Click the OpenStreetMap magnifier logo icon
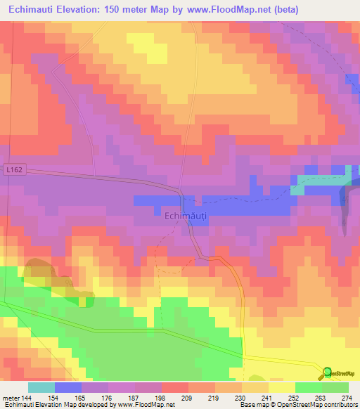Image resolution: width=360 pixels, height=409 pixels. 328,372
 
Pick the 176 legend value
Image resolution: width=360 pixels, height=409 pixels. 108,398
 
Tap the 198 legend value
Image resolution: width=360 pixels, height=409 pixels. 161,398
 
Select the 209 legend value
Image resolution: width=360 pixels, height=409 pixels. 188,398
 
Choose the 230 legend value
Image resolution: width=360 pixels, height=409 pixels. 241,398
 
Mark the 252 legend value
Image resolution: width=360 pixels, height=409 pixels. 295,398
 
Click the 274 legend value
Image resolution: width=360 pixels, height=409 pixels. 347,398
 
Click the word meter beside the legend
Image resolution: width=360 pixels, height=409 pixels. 10,398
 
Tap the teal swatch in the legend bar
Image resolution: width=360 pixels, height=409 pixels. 41,387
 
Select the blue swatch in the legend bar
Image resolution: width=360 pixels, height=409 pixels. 67,387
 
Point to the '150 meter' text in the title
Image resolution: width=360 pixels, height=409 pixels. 133,10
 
